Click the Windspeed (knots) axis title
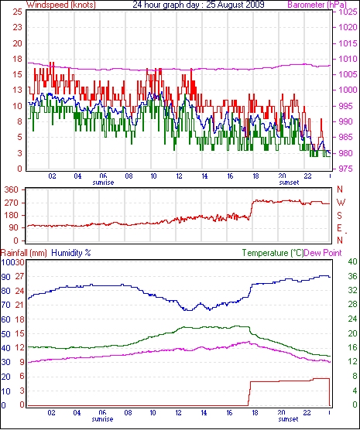tap(61, 5)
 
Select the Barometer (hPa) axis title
tap(317, 5)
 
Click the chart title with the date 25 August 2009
tap(198, 5)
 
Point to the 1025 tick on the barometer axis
tap(348, 12)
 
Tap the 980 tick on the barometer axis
tap(348, 153)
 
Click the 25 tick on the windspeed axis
tap(17, 12)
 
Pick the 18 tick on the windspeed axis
tap(17, 59)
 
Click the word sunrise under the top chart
tap(103, 183)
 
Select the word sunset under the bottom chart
tap(288, 419)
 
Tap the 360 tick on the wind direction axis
tap(12, 189)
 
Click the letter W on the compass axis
tap(341, 203)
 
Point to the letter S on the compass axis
tap(340, 216)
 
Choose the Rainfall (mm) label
tap(24, 253)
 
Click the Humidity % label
tap(71, 253)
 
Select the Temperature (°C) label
tap(273, 253)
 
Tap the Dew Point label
tap(323, 253)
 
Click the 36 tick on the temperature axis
tap(352, 276)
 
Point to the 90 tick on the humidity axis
tap(5, 277)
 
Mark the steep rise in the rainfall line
tap(249, 394)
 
